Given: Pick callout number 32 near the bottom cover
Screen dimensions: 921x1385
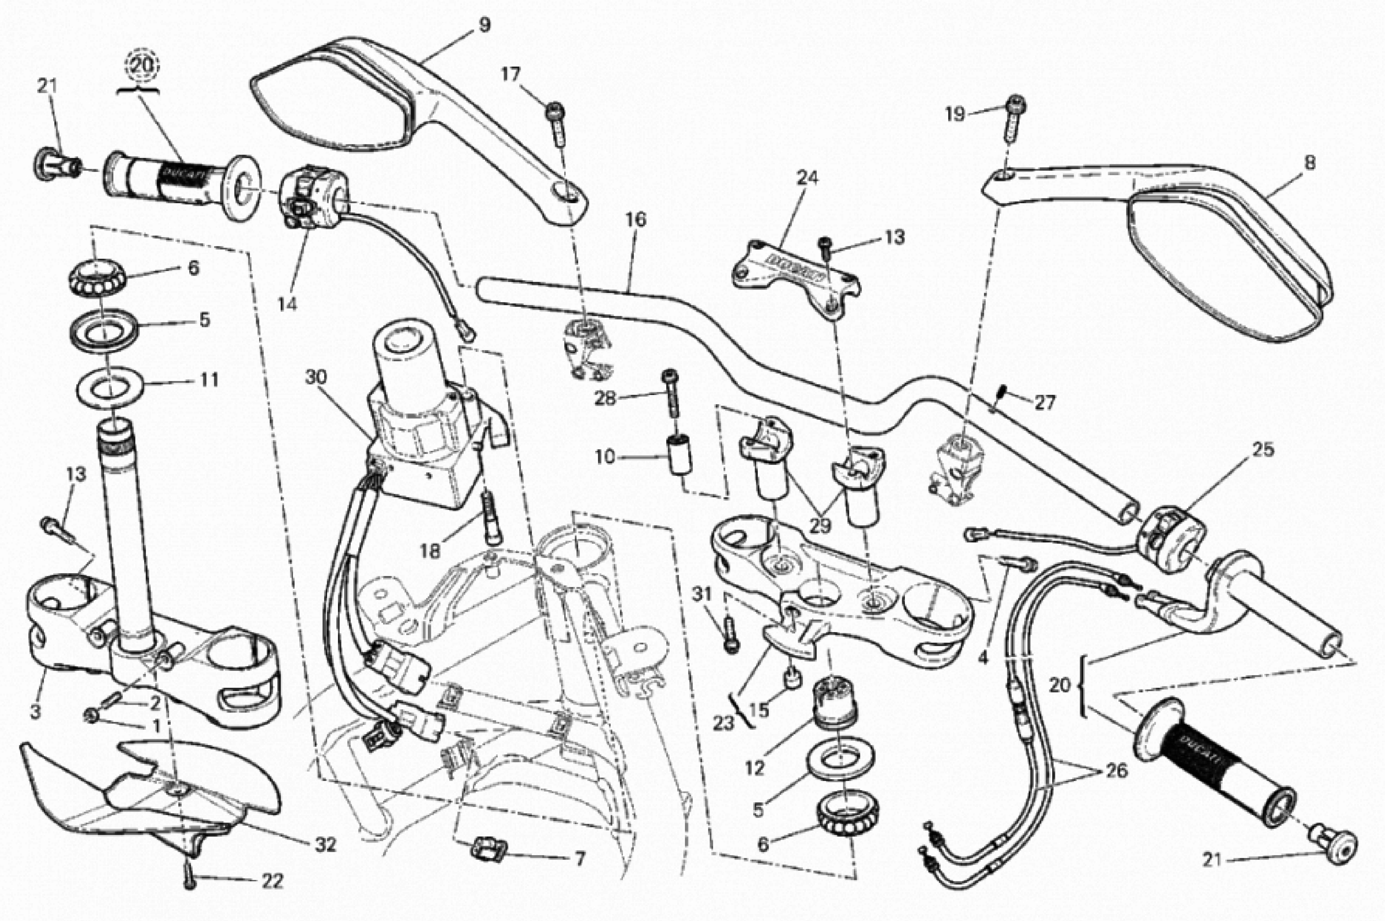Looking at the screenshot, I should click(x=325, y=845).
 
